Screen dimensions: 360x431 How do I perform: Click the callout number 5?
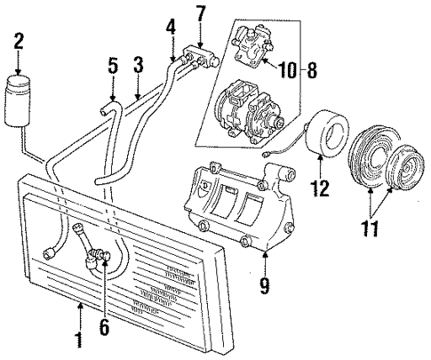[x=113, y=66]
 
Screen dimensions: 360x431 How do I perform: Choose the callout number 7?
[x=201, y=13]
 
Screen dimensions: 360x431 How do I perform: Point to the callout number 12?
[x=320, y=189]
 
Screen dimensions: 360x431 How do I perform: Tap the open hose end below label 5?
[x=108, y=110]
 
